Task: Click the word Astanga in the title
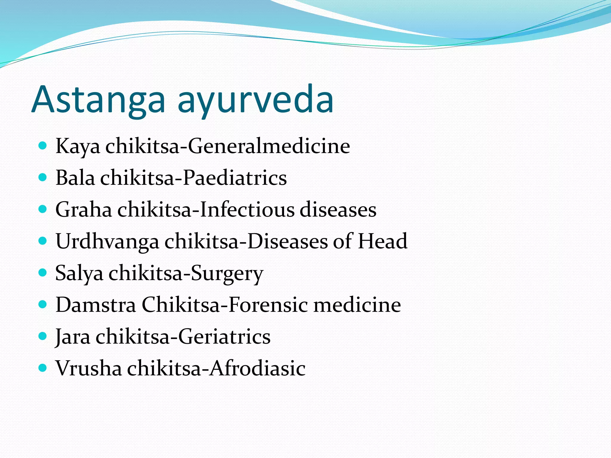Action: [x=98, y=100]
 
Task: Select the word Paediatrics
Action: [x=234, y=178]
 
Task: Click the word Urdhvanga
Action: [x=107, y=242]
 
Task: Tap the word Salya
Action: [x=79, y=273]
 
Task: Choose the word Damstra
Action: [x=96, y=305]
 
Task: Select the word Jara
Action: [x=73, y=337]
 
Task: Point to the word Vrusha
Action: [x=89, y=368]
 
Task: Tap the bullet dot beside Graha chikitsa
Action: [x=43, y=209]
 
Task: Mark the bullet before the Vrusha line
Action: [x=43, y=368]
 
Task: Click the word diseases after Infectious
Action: [x=338, y=210]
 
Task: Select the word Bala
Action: [x=75, y=178]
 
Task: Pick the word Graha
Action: [x=84, y=210]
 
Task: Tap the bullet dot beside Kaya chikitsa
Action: [x=43, y=146]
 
